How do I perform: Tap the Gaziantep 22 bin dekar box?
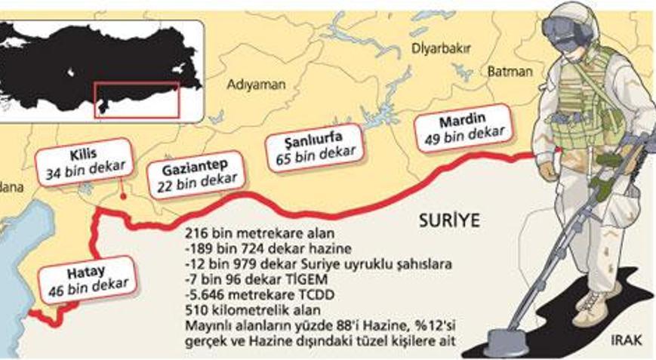[197, 174]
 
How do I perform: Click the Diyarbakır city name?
[441, 49]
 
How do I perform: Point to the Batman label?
[510, 71]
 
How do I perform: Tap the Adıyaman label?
[257, 85]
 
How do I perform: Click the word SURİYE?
[450, 221]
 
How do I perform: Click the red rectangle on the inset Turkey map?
[137, 100]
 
